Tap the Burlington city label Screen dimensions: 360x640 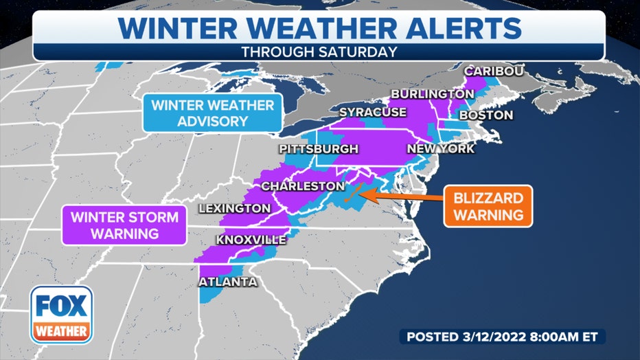432,93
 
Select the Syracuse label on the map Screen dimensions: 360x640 373,112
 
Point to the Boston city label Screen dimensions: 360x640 485,115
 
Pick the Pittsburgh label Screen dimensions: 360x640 318,148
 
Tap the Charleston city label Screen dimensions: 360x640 302,186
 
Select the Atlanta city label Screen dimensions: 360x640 227,282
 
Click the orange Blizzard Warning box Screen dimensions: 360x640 488,206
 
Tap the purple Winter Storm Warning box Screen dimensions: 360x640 126,225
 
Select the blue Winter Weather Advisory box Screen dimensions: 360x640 212,113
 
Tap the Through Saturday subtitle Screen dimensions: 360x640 319,52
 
